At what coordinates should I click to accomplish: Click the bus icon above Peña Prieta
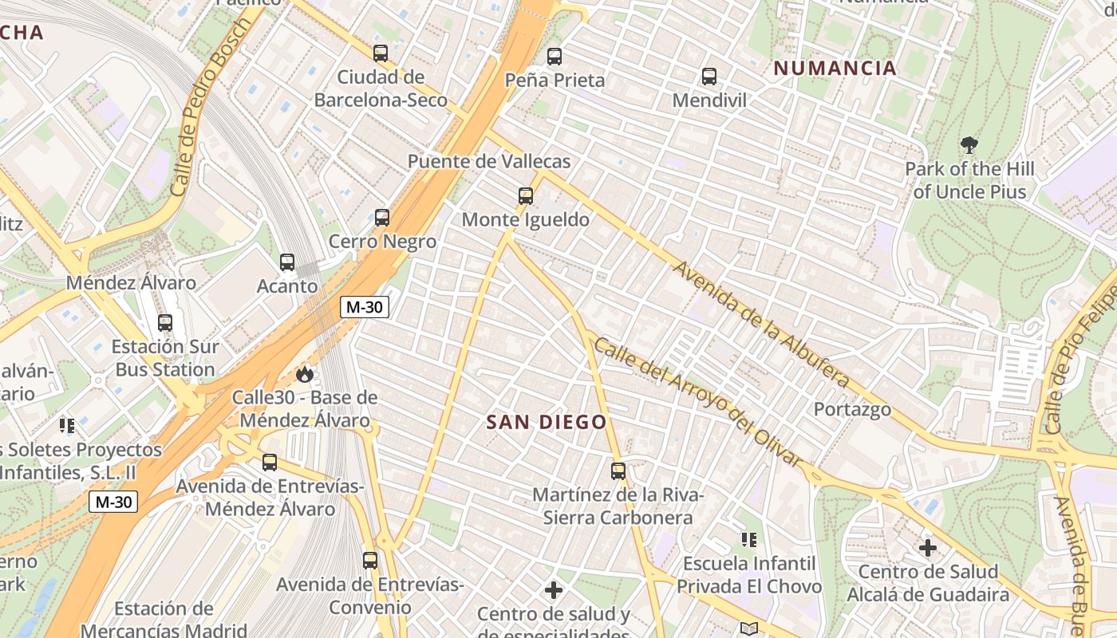[555, 57]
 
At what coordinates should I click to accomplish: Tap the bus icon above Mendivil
[709, 77]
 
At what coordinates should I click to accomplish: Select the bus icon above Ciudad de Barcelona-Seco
[381, 53]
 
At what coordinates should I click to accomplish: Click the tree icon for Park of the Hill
[969, 145]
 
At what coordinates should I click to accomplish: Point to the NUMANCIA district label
[835, 69]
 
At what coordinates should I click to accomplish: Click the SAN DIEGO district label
[547, 422]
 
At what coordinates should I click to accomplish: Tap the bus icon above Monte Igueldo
[525, 195]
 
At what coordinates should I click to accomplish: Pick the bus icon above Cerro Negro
[382, 217]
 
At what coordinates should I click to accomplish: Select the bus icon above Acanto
[287, 262]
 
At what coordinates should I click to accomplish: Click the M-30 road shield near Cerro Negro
[365, 307]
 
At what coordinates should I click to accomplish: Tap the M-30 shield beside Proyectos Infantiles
[112, 502]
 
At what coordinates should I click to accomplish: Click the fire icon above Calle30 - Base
[304, 373]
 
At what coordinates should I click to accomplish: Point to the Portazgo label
[852, 410]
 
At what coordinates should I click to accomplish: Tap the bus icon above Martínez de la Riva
[618, 471]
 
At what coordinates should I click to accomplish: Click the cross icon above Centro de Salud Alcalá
[928, 548]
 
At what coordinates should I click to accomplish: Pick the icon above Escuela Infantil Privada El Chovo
[748, 540]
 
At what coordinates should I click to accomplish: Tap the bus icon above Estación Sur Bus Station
[165, 323]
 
